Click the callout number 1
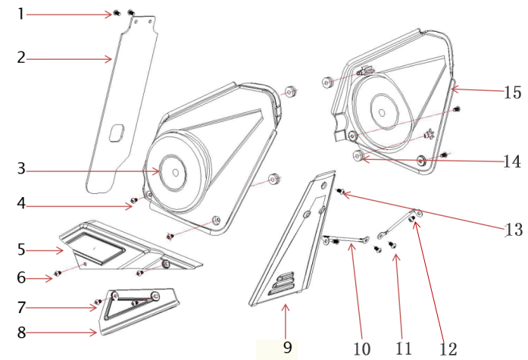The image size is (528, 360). [x=21, y=14]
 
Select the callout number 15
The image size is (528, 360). [x=512, y=92]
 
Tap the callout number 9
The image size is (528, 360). [x=287, y=347]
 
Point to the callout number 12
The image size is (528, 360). [x=448, y=349]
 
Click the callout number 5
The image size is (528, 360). [x=21, y=249]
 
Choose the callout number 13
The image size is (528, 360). [x=514, y=230]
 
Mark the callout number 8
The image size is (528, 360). [x=21, y=333]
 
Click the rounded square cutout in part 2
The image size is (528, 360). [x=117, y=133]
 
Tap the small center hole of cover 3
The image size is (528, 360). [x=175, y=173]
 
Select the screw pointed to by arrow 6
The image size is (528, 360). [x=58, y=273]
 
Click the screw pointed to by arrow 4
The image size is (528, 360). [x=133, y=200]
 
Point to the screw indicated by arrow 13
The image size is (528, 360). [x=340, y=191]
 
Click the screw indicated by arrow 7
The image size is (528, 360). [x=98, y=302]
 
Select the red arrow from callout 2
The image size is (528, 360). [x=69, y=59]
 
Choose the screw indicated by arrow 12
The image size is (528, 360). [x=411, y=219]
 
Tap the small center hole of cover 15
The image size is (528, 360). [x=382, y=112]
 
